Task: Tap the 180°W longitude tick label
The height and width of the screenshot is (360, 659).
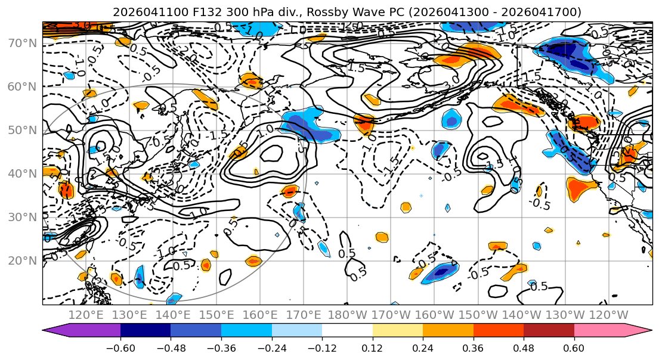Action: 347,315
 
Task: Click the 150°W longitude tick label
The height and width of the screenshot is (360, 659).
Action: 477,315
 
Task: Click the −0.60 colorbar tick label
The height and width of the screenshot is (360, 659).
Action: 120,347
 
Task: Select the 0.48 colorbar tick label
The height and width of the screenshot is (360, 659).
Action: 524,347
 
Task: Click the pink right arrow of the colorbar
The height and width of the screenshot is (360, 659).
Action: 638,331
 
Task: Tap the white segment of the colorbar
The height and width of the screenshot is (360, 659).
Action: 347,331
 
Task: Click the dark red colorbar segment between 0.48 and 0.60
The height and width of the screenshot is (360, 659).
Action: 549,331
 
